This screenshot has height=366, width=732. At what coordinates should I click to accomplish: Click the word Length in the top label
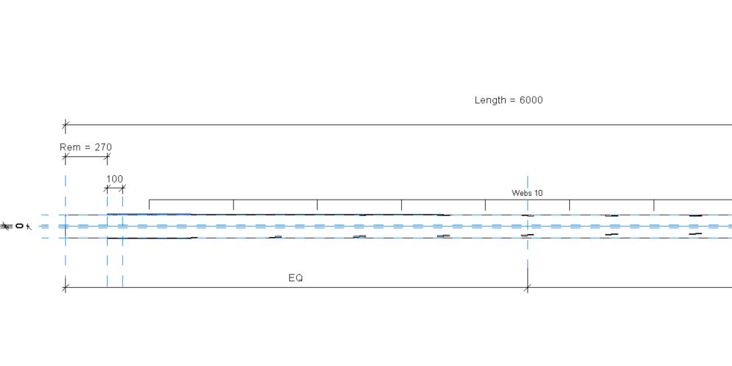[x=487, y=100]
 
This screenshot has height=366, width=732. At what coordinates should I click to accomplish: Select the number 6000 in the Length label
[x=532, y=100]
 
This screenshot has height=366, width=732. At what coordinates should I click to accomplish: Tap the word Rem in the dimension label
[x=68, y=147]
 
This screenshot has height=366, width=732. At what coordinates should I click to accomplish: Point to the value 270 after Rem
[x=103, y=147]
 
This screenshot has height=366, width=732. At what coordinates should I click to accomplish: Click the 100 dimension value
[x=114, y=179]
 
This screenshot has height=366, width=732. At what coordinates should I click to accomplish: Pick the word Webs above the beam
[x=520, y=193]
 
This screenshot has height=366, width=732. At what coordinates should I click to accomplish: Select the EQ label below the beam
[x=296, y=278]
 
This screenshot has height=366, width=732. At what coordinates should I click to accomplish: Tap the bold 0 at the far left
[x=19, y=226]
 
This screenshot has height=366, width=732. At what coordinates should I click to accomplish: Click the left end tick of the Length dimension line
[x=66, y=125]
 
